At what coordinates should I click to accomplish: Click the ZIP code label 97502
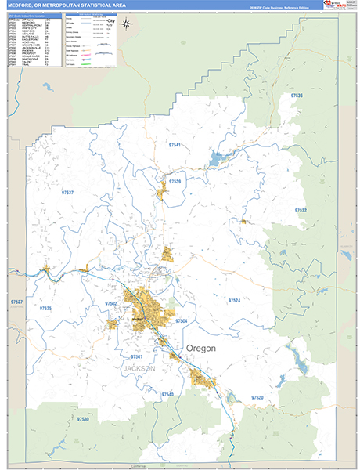pyautogui.click(x=110, y=303)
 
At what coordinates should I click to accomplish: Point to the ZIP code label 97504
pyautogui.click(x=182, y=321)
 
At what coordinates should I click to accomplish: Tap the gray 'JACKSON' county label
pyautogui.click(x=139, y=368)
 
